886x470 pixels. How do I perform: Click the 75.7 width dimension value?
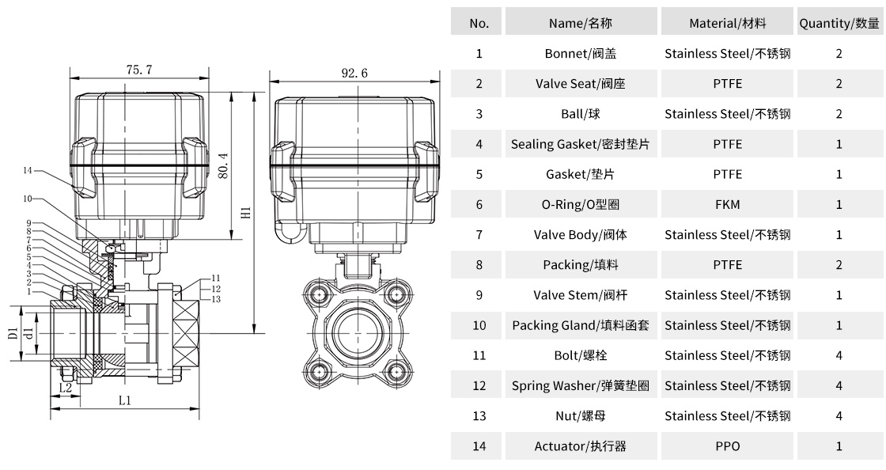138,70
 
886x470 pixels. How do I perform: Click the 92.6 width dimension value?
354,73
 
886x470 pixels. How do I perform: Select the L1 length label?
124,401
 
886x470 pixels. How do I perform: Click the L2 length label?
66,388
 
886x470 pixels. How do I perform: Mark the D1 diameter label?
13,333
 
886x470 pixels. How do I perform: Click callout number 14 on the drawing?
28,170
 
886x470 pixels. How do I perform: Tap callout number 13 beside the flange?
216,299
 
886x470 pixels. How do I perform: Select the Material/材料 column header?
727,23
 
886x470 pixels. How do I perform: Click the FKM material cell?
727,204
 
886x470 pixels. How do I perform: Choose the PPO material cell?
727,446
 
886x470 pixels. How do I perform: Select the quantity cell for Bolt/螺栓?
839,355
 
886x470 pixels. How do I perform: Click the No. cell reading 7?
479,235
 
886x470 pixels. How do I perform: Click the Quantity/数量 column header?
839,23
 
